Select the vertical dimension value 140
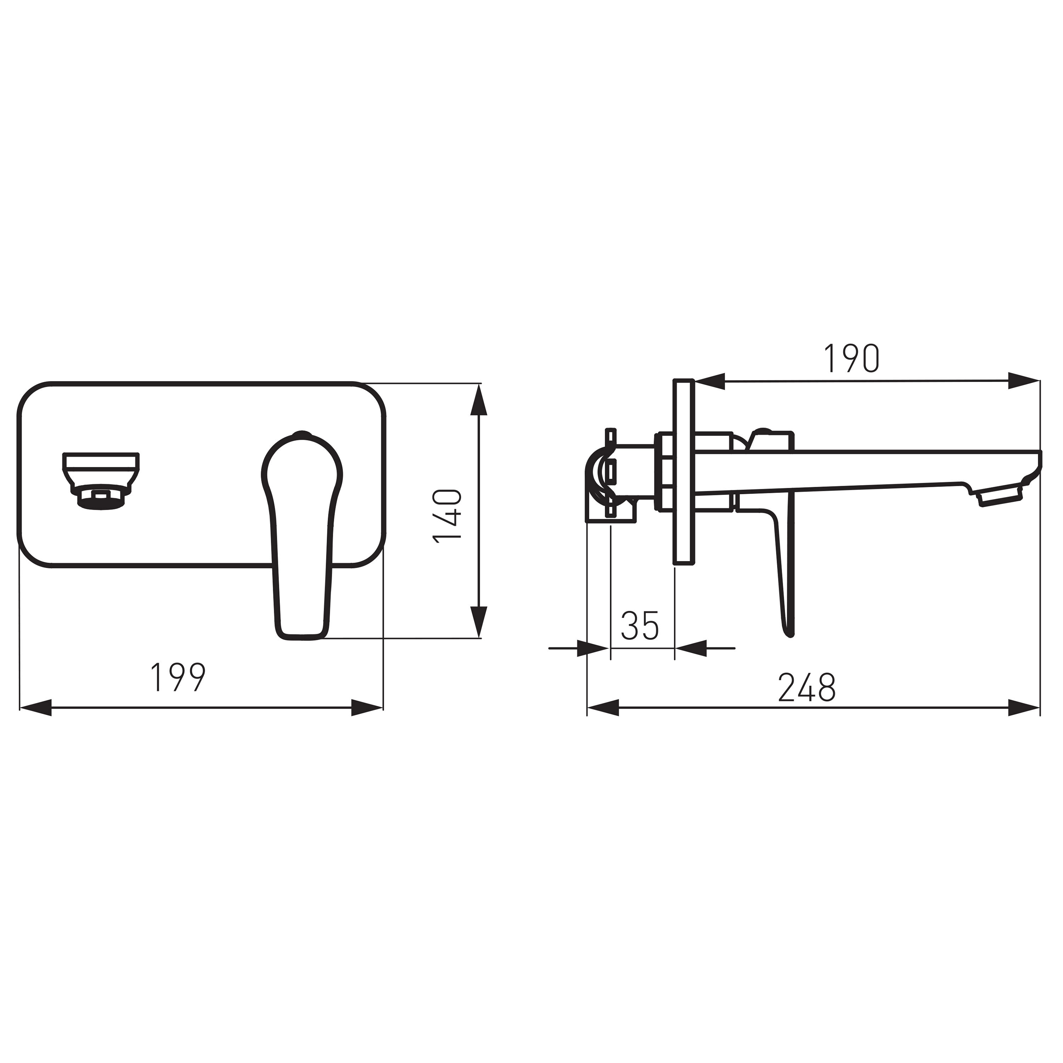click(x=447, y=517)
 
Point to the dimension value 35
click(x=640, y=626)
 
